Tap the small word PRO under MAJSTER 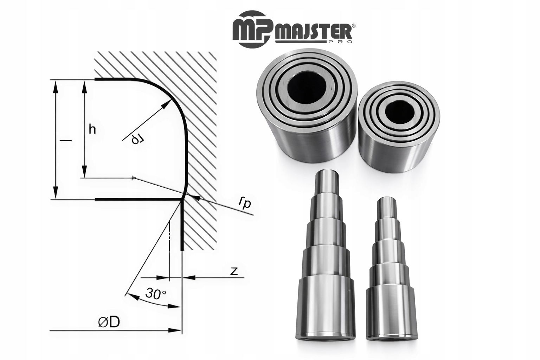tap(342, 42)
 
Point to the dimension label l tap(66, 140)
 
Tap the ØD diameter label tap(109, 322)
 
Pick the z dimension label tap(234, 271)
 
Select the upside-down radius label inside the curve tap(138, 139)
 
